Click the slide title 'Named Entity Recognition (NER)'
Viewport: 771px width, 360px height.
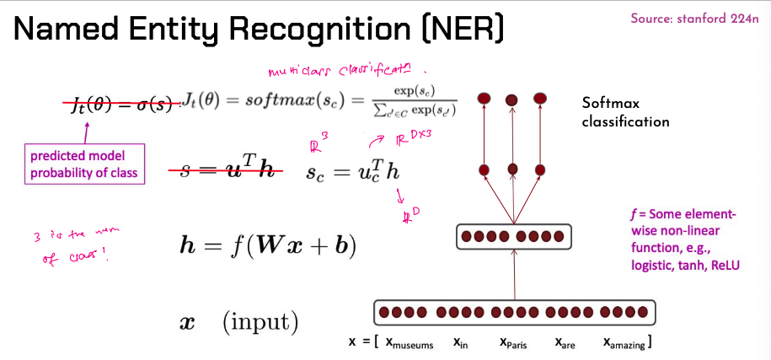click(260, 30)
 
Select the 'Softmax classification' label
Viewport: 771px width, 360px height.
click(625, 112)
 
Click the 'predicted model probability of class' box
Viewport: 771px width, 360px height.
click(83, 165)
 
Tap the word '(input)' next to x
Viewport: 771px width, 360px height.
click(260, 322)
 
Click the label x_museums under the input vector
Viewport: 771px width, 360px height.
click(410, 344)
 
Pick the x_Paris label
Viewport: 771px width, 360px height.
click(513, 344)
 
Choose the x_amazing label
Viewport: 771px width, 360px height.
click(626, 344)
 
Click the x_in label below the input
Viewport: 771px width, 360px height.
click(461, 344)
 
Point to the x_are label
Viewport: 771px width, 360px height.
click(565, 344)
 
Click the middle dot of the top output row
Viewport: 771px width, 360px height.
click(511, 100)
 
